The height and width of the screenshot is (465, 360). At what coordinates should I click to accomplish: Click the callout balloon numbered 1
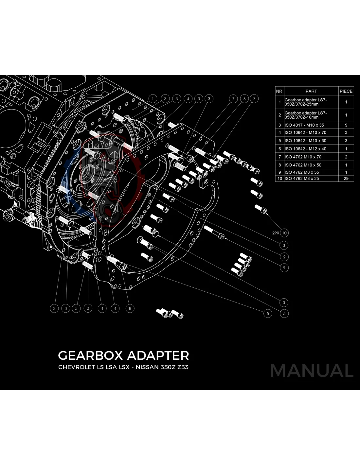coord(153,98)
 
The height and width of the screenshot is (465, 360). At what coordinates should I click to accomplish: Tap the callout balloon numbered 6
coord(244,98)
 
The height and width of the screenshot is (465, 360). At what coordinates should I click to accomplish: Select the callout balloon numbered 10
coord(284,233)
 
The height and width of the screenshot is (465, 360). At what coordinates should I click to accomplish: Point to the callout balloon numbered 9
coord(284,267)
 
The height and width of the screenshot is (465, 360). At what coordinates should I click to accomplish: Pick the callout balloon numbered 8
coord(130,308)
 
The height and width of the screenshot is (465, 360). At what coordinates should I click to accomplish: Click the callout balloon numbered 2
coord(284,257)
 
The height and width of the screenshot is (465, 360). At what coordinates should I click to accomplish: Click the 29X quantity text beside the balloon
coord(276,233)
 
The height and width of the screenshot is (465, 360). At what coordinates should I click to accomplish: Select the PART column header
coord(311,91)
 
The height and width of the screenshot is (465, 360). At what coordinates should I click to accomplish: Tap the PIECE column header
coord(346,91)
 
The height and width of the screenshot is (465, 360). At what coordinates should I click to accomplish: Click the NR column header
coord(279,91)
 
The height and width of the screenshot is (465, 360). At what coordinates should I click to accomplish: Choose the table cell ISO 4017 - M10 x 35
coord(304,125)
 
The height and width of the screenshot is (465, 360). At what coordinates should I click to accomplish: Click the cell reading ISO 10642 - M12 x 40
coord(305,149)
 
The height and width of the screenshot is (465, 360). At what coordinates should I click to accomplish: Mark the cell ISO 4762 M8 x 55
coord(301,172)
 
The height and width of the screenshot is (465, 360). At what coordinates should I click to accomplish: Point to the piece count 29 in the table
coord(346,179)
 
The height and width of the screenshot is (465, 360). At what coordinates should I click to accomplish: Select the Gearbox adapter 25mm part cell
coord(306,102)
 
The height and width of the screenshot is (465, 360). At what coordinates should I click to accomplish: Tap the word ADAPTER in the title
coord(158,355)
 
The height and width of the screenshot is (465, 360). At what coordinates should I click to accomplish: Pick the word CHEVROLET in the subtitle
coord(76,367)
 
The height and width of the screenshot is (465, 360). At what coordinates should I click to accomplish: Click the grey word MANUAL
coord(312,370)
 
